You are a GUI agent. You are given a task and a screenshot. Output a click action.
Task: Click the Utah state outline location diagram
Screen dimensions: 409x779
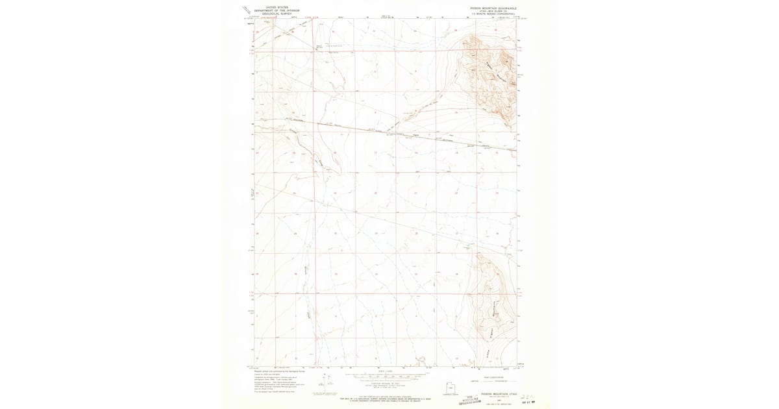point(450,388)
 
